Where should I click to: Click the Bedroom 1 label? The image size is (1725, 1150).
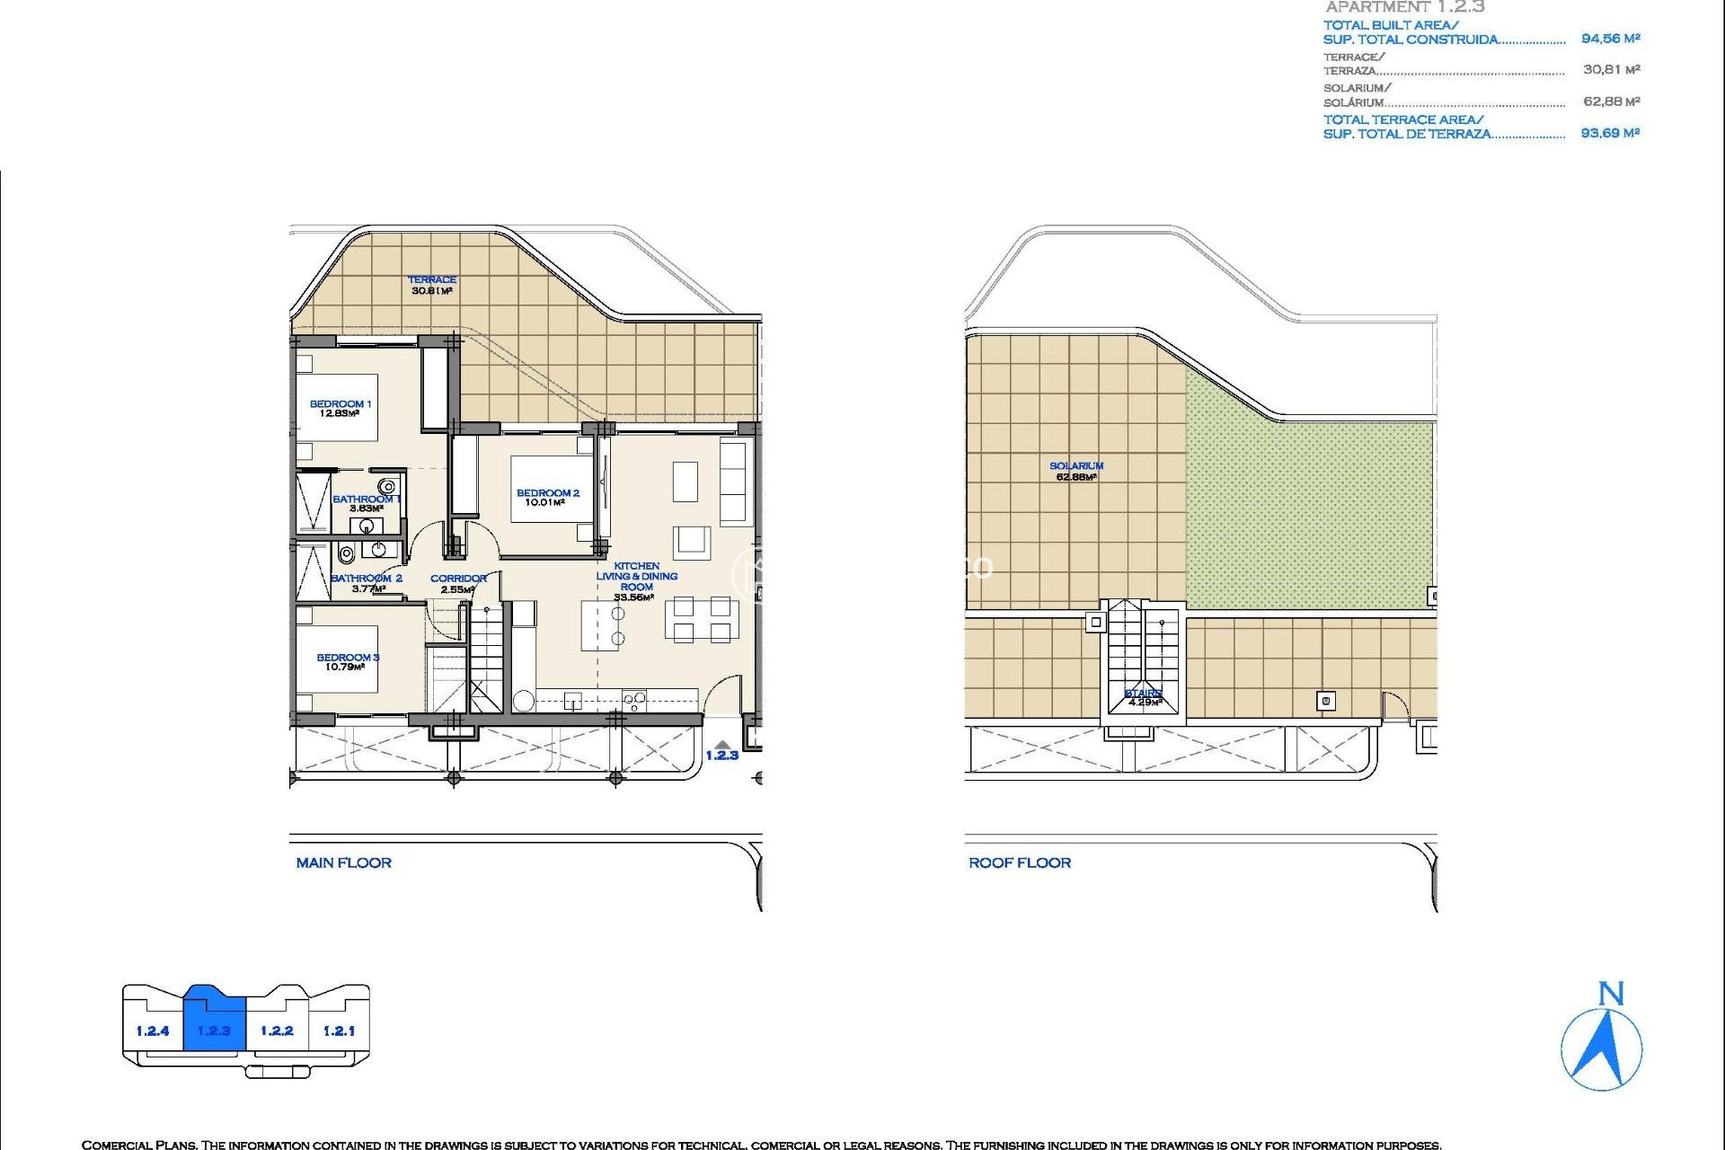pos(340,404)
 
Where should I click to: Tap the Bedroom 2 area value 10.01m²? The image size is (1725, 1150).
pos(544,503)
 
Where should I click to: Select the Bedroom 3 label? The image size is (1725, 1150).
pos(348,658)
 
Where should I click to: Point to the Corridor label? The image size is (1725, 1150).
pos(458,579)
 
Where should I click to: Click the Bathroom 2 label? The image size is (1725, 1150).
pos(367,579)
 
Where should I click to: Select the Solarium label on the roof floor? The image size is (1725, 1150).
pos(1076,466)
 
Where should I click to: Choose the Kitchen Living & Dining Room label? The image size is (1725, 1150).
pos(636,577)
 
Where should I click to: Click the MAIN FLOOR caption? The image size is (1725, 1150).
pos(344,863)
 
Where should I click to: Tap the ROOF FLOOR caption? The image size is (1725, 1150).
pos(1020,863)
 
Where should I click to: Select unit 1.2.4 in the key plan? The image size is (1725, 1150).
pos(153,1031)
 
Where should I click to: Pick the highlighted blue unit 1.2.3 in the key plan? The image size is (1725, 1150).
pos(214,1031)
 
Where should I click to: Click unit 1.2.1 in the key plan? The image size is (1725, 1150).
pos(339,1031)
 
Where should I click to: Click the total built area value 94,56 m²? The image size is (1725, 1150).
pos(1610,39)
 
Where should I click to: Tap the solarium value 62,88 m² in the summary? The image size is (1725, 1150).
pos(1611,102)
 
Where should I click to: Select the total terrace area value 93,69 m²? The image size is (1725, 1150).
pos(1610,133)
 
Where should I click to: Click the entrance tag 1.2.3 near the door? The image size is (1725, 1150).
pos(721,756)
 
